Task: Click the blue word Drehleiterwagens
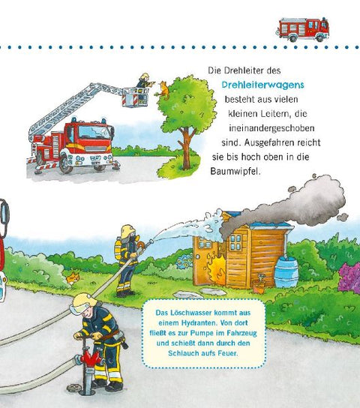262,85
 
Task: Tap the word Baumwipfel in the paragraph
235,172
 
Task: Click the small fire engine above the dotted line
302,29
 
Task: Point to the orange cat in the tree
163,90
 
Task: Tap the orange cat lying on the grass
72,278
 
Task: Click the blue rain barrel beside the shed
286,272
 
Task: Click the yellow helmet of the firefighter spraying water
128,230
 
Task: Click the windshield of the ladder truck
94,132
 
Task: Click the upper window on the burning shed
235,242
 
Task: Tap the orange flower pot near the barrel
259,287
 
